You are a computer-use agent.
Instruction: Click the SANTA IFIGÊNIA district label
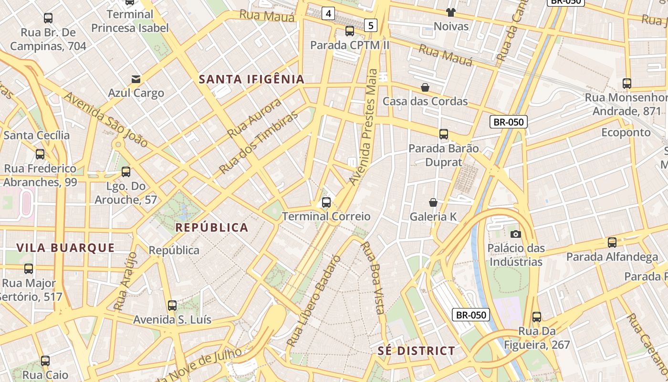pyautogui.click(x=251, y=79)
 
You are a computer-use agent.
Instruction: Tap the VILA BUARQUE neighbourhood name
pyautogui.click(x=65, y=247)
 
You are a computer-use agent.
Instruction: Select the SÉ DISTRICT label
pyautogui.click(x=417, y=351)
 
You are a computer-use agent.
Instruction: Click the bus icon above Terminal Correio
pyautogui.click(x=326, y=202)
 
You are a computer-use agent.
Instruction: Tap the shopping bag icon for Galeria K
pyautogui.click(x=433, y=202)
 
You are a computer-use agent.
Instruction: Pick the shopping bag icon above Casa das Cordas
pyautogui.click(x=425, y=87)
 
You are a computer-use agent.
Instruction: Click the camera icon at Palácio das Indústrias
pyautogui.click(x=515, y=234)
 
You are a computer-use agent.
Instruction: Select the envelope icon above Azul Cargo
pyautogui.click(x=136, y=79)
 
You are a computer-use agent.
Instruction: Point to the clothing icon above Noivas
pyautogui.click(x=451, y=12)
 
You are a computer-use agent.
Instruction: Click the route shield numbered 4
pyautogui.click(x=328, y=13)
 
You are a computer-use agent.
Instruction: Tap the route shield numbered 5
pyautogui.click(x=371, y=25)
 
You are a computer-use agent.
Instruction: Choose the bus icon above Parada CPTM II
pyautogui.click(x=350, y=31)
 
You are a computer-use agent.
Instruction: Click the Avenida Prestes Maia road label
pyautogui.click(x=364, y=127)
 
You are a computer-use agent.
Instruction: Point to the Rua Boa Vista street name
pyautogui.click(x=373, y=278)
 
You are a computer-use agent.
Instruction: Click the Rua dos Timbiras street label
pyautogui.click(x=258, y=142)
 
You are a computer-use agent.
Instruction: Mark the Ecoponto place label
pyautogui.click(x=626, y=132)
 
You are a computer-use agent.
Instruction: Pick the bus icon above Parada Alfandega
pyautogui.click(x=612, y=243)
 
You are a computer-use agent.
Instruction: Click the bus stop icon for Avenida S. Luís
pyautogui.click(x=172, y=305)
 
